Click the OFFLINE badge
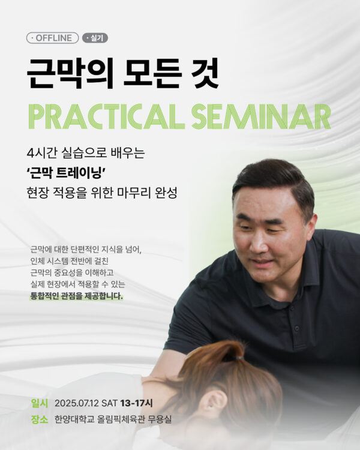52,38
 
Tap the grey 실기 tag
95,38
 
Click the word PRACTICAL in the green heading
107,116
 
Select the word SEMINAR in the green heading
262,116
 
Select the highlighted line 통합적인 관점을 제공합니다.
76,296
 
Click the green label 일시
40,403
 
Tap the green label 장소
40,419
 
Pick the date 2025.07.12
77,403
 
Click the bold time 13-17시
136,403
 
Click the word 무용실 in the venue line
160,419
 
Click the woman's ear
216,402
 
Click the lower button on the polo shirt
296,328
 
